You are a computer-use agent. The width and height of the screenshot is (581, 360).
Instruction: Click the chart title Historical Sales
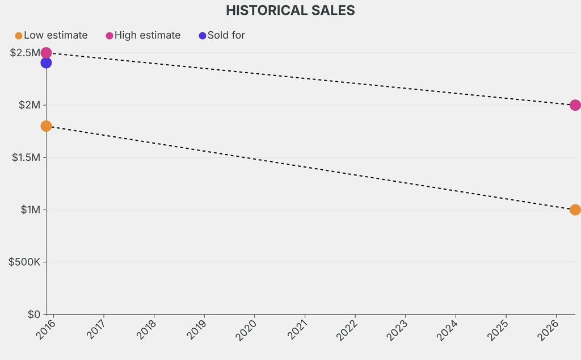[x=290, y=10]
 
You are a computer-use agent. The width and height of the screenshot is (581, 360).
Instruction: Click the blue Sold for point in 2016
[x=46, y=62]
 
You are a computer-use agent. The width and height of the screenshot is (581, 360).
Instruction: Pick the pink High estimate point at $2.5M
[x=46, y=53]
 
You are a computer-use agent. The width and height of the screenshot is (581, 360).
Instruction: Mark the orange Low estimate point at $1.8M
[x=46, y=125]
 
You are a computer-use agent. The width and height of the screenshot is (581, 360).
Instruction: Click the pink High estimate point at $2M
[x=575, y=105]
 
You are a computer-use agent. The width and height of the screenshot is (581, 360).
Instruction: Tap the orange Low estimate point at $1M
[x=575, y=210]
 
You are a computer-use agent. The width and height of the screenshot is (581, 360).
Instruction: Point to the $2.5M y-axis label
[x=25, y=53]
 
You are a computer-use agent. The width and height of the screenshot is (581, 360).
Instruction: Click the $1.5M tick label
[x=26, y=157]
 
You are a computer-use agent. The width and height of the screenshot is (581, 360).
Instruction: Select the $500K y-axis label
[x=24, y=262]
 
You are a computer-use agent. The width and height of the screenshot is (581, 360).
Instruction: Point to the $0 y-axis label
[x=33, y=314]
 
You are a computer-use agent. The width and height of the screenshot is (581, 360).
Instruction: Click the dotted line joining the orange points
[x=310, y=168]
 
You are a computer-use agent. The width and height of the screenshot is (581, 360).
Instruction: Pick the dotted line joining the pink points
[x=310, y=79]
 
